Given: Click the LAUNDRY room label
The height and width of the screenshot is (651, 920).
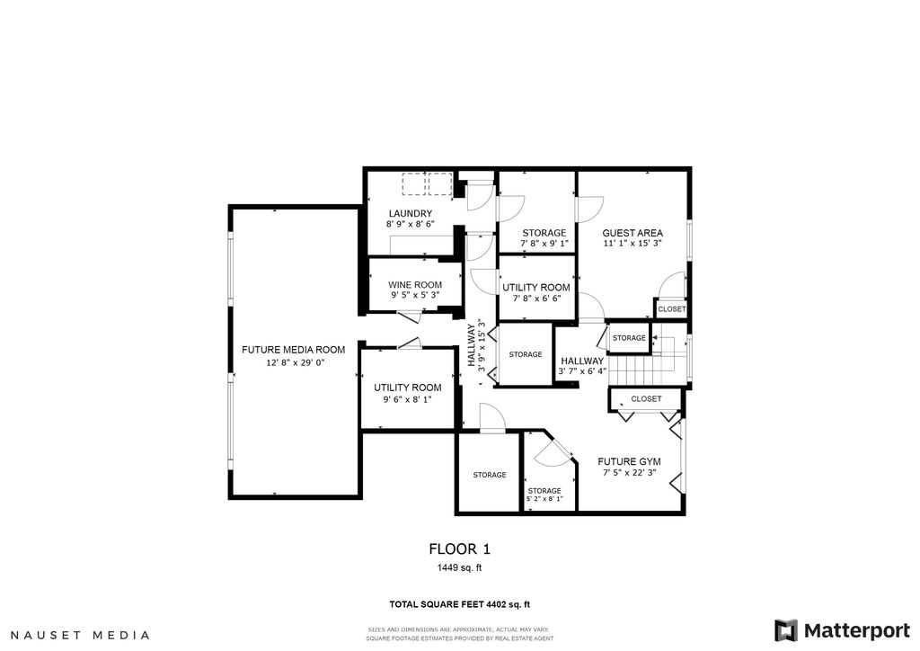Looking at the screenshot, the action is click(x=410, y=214).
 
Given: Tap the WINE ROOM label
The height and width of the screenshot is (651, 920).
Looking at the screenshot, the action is click(x=415, y=285).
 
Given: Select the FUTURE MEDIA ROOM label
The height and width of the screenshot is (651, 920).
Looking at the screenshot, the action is click(x=294, y=350).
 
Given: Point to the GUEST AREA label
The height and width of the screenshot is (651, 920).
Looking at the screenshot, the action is click(x=632, y=233).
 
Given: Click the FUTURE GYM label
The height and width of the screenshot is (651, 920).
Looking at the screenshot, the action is click(x=629, y=462).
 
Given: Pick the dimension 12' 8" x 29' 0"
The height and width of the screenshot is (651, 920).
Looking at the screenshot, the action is click(x=295, y=362).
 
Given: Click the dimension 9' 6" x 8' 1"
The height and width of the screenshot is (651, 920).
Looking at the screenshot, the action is click(x=407, y=400).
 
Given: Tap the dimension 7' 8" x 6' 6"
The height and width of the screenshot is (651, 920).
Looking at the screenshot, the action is click(x=536, y=299).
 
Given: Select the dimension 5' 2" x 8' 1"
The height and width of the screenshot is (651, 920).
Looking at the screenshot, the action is click(x=544, y=499).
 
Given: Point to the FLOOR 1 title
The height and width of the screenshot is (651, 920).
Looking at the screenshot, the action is click(x=459, y=549).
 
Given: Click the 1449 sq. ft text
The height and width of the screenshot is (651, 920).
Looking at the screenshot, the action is click(x=459, y=567).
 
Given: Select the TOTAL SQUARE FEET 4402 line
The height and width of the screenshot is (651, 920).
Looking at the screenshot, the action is click(x=459, y=604).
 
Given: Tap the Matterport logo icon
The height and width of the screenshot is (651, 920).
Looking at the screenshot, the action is click(x=785, y=630).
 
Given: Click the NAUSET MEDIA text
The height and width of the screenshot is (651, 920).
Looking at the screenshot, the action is click(x=80, y=635).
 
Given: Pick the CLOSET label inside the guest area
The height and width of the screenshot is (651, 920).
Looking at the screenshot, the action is click(x=671, y=309).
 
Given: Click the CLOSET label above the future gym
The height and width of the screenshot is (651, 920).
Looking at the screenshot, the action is click(x=646, y=399).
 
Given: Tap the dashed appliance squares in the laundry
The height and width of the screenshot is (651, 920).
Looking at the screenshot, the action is click(x=427, y=183).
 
